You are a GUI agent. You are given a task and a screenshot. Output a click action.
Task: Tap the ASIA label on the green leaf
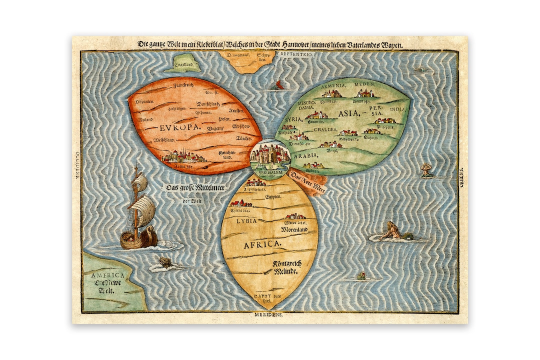pyautogui.click(x=349, y=113)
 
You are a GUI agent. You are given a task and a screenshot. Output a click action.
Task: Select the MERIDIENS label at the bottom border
pyautogui.click(x=269, y=315)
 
